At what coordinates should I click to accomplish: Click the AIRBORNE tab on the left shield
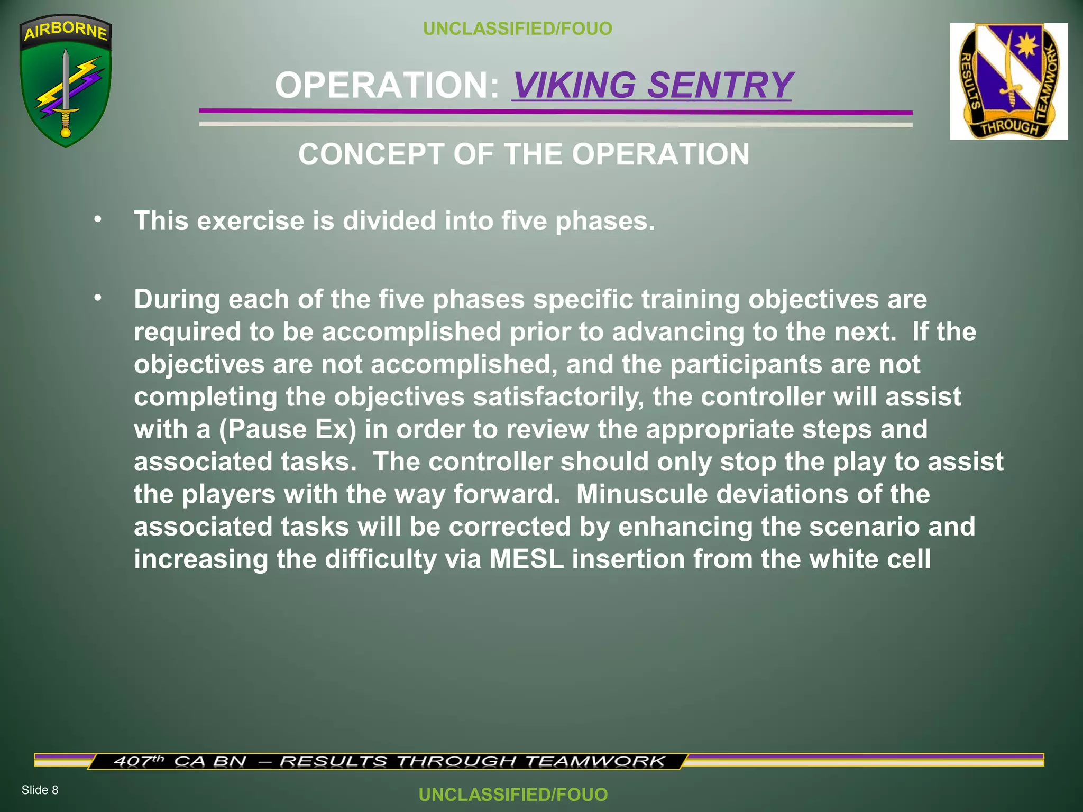pos(66,31)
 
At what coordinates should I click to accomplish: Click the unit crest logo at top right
pos(1008,81)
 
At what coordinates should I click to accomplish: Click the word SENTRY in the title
pos(720,85)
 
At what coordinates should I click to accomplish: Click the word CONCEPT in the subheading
pos(371,154)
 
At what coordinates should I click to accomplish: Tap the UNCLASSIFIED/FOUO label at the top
pos(518,29)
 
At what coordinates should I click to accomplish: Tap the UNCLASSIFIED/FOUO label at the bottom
pos(513,795)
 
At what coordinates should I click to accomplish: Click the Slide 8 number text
pos(40,790)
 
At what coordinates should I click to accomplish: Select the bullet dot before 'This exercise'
pos(97,219)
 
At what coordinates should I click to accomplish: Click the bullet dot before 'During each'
pos(97,298)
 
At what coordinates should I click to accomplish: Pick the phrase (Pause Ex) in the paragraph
pos(288,429)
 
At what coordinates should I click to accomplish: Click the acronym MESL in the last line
pos(526,559)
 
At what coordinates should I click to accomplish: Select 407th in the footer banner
pos(139,761)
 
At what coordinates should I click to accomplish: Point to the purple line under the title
pos(555,112)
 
